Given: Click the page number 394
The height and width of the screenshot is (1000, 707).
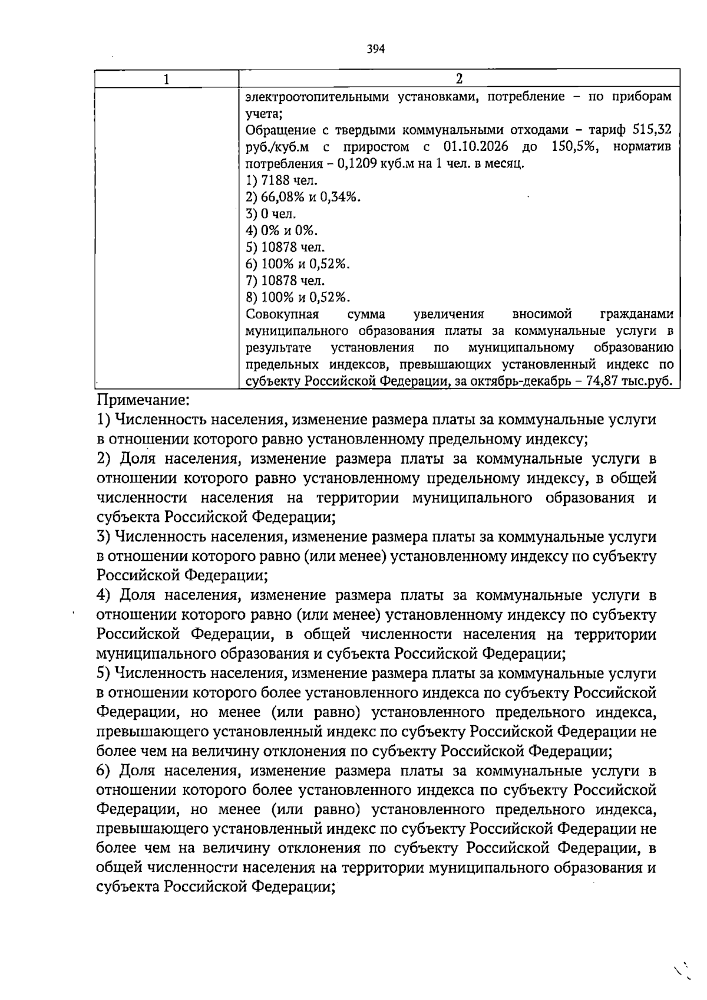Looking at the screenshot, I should coord(375,50).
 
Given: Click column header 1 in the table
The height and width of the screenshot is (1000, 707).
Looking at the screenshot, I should coord(167,79).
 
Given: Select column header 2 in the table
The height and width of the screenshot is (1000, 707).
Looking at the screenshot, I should coord(459,79).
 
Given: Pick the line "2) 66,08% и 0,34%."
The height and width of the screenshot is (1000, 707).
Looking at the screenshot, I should coord(303,197).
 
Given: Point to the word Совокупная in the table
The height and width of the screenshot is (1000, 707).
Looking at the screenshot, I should coord(282,314).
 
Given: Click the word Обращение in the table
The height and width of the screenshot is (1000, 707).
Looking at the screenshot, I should coord(279,130).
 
